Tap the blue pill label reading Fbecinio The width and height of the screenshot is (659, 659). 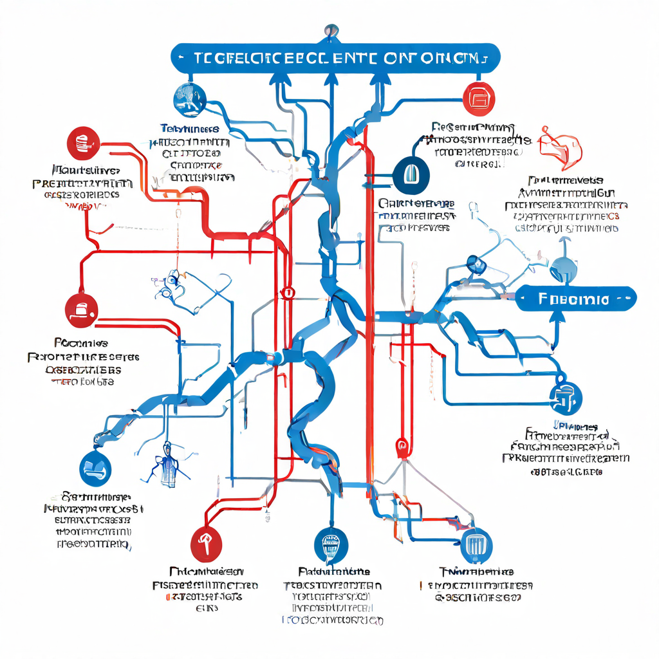coord(576,299)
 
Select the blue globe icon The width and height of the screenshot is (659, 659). coord(190,98)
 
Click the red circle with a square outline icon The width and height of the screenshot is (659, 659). coord(480,99)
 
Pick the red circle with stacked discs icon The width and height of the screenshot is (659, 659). coord(83,143)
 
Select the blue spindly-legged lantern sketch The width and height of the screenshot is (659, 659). coord(168,463)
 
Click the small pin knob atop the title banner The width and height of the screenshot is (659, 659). coord(331,30)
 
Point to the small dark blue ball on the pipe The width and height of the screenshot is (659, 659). coord(475,263)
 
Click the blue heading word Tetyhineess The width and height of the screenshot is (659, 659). coord(190,129)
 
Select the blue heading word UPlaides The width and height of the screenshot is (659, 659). coord(575,427)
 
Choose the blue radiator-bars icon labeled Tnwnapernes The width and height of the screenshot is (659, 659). coord(476,546)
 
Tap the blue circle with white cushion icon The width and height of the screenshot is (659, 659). coord(96,468)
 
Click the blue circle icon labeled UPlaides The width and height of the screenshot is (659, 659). coord(566,398)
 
